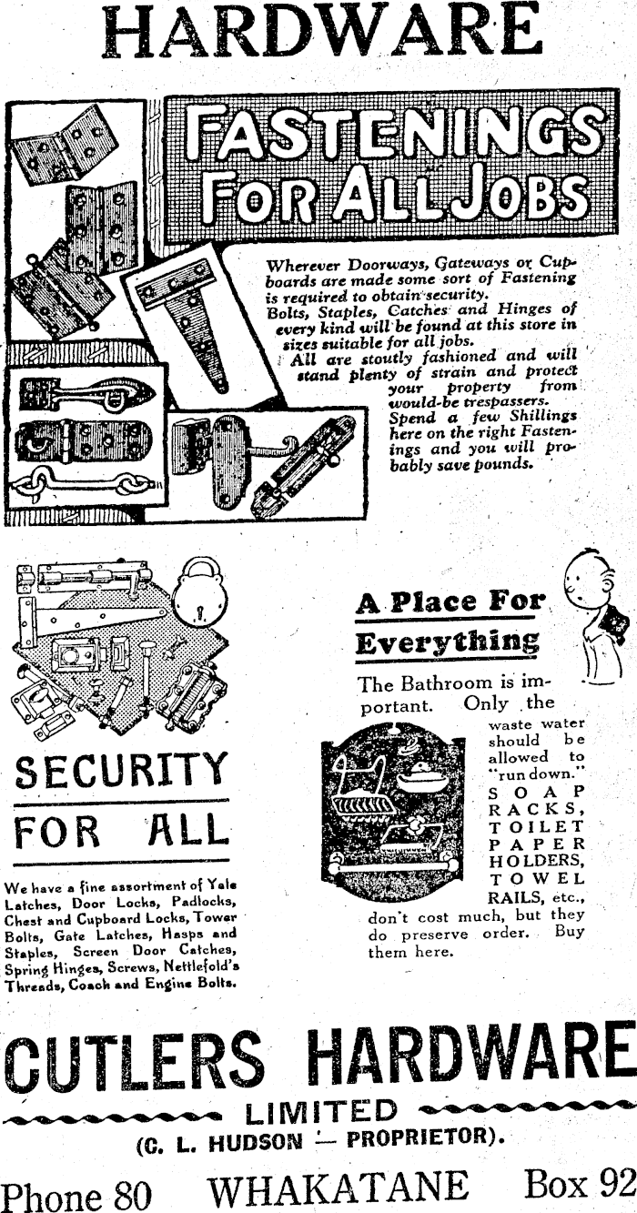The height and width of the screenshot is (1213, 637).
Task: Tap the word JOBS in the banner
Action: (528, 194)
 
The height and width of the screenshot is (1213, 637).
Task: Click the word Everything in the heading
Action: (448, 642)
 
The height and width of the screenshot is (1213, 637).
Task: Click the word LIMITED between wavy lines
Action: (322, 1112)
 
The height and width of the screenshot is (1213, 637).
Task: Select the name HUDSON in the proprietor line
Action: (256, 1142)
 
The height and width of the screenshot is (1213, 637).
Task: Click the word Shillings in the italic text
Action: (535, 418)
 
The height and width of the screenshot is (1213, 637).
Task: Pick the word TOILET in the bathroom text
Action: (537, 827)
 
